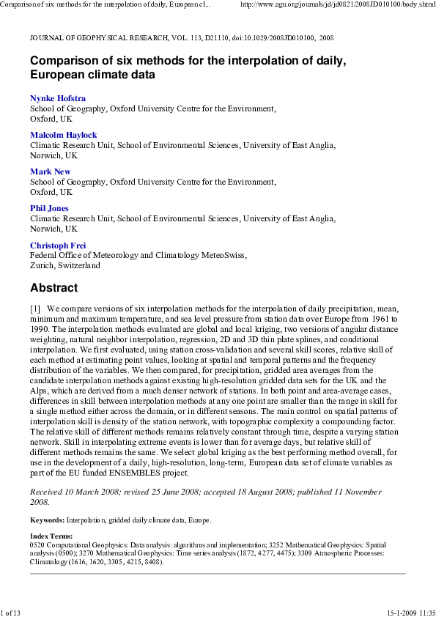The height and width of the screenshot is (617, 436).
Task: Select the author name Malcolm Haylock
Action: (x=63, y=135)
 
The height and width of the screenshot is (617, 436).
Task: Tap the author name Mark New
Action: (x=50, y=171)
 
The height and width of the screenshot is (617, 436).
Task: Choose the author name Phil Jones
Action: (x=49, y=208)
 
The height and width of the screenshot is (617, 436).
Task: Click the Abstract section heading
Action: (x=53, y=288)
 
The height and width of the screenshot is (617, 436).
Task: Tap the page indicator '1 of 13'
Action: (x=11, y=612)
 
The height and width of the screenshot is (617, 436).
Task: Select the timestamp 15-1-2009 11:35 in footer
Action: (x=410, y=612)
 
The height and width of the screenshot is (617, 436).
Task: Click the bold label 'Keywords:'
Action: (x=47, y=520)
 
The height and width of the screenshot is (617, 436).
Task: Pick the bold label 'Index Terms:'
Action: (x=52, y=536)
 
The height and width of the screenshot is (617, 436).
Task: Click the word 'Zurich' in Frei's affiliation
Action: (x=43, y=265)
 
